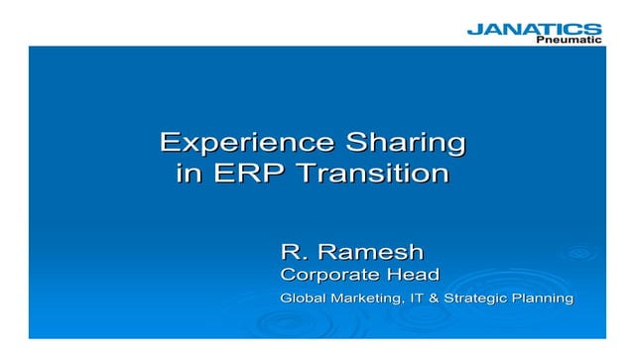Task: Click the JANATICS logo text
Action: point(534,29)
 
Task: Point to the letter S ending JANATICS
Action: point(592,29)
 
